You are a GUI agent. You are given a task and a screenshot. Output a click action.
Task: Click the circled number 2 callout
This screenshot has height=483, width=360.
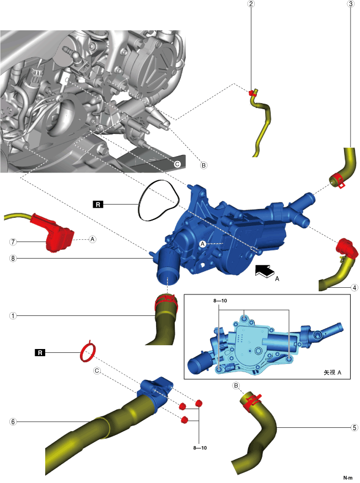coord(251,4)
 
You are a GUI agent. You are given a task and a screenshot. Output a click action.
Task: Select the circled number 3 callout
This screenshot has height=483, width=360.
coord(350,4)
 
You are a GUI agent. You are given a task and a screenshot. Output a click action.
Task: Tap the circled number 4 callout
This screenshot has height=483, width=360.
coord(354,287)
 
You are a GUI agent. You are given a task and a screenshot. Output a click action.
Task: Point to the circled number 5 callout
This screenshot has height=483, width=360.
coord(354,427)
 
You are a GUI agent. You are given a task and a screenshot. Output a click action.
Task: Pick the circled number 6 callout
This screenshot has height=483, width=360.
coord(13,422)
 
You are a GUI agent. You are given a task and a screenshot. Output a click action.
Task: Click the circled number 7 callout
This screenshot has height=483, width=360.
coord(13,241)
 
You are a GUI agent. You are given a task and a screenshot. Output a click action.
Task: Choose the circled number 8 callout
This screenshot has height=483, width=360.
coord(13,257)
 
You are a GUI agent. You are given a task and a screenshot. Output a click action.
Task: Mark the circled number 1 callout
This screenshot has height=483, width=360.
coord(13,316)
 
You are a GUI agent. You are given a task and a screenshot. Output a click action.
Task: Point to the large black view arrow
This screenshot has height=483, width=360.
coord(265,270)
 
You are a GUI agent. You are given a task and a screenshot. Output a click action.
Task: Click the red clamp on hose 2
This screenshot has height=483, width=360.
coord(253,92)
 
